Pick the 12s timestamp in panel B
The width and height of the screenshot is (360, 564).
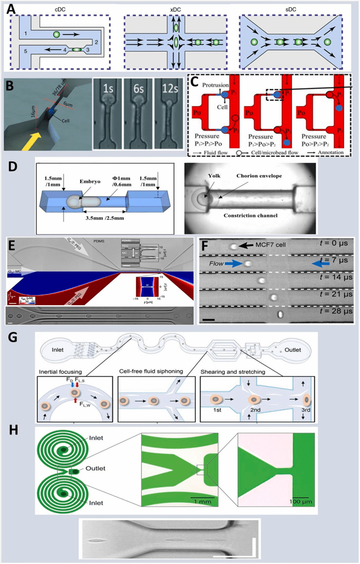[x=169, y=91]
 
